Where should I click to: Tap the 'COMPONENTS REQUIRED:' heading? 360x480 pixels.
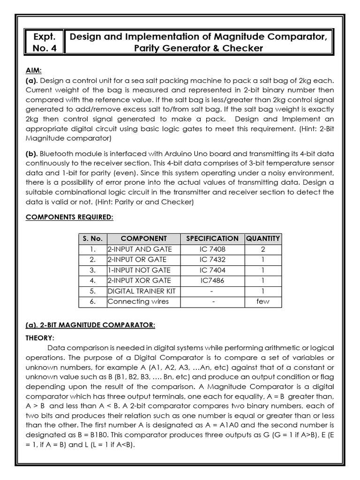click(68, 217)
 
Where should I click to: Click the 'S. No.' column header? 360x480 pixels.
click(92, 239)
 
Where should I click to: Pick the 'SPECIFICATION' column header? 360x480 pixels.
click(212, 239)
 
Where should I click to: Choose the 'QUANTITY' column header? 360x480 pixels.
click(263, 239)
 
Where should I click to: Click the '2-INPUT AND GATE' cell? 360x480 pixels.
click(140, 249)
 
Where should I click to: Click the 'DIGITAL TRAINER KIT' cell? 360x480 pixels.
click(142, 291)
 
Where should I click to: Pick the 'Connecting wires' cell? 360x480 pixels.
click(138, 301)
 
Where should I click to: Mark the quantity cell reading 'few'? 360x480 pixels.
click(263, 301)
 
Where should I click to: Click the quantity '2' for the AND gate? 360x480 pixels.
click(263, 249)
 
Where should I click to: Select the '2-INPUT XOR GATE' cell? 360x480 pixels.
click(139, 280)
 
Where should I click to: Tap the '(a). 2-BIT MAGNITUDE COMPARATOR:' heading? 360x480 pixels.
click(90, 325)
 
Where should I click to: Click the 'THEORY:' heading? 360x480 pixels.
click(39, 337)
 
